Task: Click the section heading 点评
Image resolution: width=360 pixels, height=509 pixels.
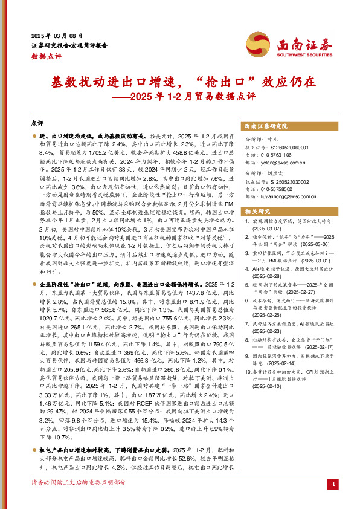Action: (x=37, y=123)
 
